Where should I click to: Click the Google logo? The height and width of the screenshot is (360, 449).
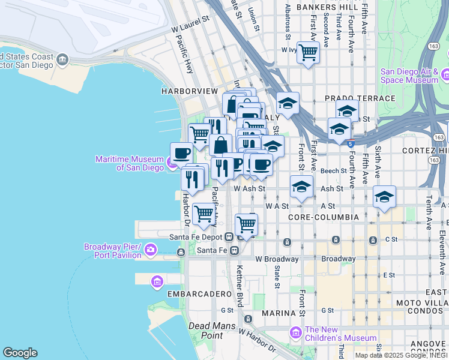click(20, 353)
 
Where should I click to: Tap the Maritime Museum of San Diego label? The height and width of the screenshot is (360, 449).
click(130, 163)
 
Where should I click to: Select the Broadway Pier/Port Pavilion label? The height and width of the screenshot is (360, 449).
click(112, 251)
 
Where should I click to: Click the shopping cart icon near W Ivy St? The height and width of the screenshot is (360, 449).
click(308, 52)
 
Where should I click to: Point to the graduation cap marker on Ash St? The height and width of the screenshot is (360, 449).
click(301, 187)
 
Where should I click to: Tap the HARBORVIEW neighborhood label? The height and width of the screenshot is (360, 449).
click(189, 91)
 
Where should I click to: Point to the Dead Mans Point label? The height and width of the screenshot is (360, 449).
click(206, 331)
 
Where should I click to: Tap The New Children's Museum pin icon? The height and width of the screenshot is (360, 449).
click(295, 332)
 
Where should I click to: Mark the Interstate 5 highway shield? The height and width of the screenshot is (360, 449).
click(351, 142)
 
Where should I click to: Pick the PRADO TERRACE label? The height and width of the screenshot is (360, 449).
click(360, 98)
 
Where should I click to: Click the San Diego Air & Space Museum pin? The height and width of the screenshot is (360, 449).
click(445, 74)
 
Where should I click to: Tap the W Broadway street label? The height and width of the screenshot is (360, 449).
click(277, 259)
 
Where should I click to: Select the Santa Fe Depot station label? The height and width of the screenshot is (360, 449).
click(197, 237)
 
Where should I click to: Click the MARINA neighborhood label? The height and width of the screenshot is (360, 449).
click(279, 313)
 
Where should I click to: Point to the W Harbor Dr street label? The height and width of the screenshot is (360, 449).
click(257, 340)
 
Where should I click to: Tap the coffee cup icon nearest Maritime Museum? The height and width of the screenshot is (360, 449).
click(181, 152)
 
